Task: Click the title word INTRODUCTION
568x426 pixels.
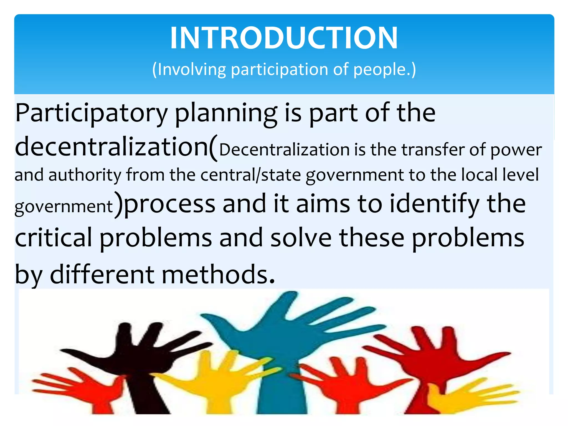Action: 284,38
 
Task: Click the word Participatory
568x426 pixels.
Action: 92,114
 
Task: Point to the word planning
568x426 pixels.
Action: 226,114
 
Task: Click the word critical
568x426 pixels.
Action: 53,238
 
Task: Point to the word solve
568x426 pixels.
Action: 301,238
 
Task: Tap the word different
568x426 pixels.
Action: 102,275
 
